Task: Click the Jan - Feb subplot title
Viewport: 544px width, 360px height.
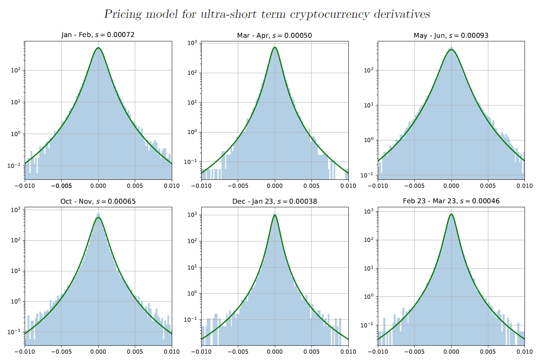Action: point(98,35)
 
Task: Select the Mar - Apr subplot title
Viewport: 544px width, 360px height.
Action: point(274,35)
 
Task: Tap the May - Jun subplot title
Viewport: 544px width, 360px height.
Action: point(451,35)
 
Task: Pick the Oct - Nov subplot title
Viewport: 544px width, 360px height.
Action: point(98,201)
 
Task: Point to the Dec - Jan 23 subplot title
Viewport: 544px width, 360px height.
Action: point(274,201)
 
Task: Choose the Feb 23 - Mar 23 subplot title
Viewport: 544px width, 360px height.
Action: point(451,201)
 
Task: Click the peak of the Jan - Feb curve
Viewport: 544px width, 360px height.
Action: point(98,48)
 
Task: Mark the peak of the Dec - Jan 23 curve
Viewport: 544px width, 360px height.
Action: point(275,215)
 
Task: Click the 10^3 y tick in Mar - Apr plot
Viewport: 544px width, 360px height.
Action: point(192,43)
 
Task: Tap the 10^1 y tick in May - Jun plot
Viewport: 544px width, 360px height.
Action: point(369,105)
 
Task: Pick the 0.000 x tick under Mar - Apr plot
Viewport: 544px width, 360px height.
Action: point(275,186)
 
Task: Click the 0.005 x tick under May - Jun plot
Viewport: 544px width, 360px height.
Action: point(488,186)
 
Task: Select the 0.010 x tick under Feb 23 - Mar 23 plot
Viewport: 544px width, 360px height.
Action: point(525,352)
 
